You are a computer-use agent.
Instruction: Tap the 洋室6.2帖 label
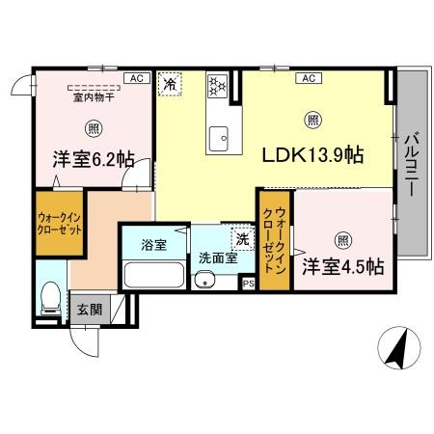tap(93, 160)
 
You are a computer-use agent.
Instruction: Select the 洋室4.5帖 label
tap(342, 265)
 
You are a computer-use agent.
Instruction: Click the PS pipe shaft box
tap(248, 284)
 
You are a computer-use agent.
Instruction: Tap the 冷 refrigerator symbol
tap(170, 84)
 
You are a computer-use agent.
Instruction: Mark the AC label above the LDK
tap(312, 77)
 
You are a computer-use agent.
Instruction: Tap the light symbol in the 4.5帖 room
tap(342, 239)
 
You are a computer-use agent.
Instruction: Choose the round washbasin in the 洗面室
tap(203, 281)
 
